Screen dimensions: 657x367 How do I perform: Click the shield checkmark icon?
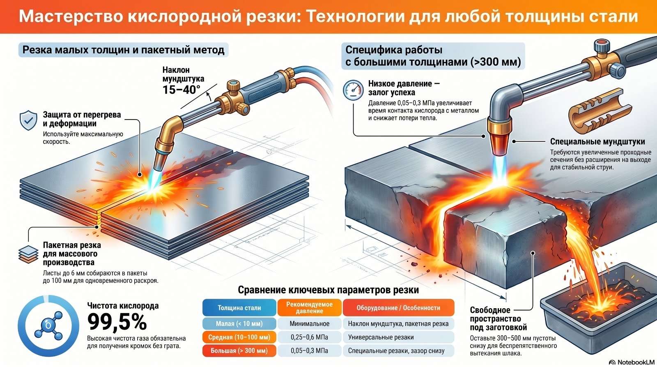point(28,120)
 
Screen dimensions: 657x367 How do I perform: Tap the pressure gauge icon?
point(353,90)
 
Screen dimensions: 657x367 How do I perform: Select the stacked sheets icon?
point(28,254)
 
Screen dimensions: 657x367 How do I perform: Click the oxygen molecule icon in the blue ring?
point(48,325)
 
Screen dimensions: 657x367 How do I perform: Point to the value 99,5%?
point(117,322)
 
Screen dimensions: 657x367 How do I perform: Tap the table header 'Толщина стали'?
point(239,308)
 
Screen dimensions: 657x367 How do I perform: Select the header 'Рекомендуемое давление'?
point(310,307)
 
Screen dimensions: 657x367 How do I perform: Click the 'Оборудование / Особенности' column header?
point(398,308)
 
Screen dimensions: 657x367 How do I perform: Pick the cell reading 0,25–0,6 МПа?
point(310,337)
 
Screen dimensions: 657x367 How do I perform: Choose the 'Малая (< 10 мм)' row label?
point(239,323)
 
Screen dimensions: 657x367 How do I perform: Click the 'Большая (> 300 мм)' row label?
point(239,351)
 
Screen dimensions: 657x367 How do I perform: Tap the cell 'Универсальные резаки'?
point(381,337)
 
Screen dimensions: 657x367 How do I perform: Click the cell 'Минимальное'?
point(310,323)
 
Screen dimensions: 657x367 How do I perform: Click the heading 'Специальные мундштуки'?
point(597,141)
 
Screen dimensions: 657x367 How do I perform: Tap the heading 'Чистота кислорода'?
point(123,306)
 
